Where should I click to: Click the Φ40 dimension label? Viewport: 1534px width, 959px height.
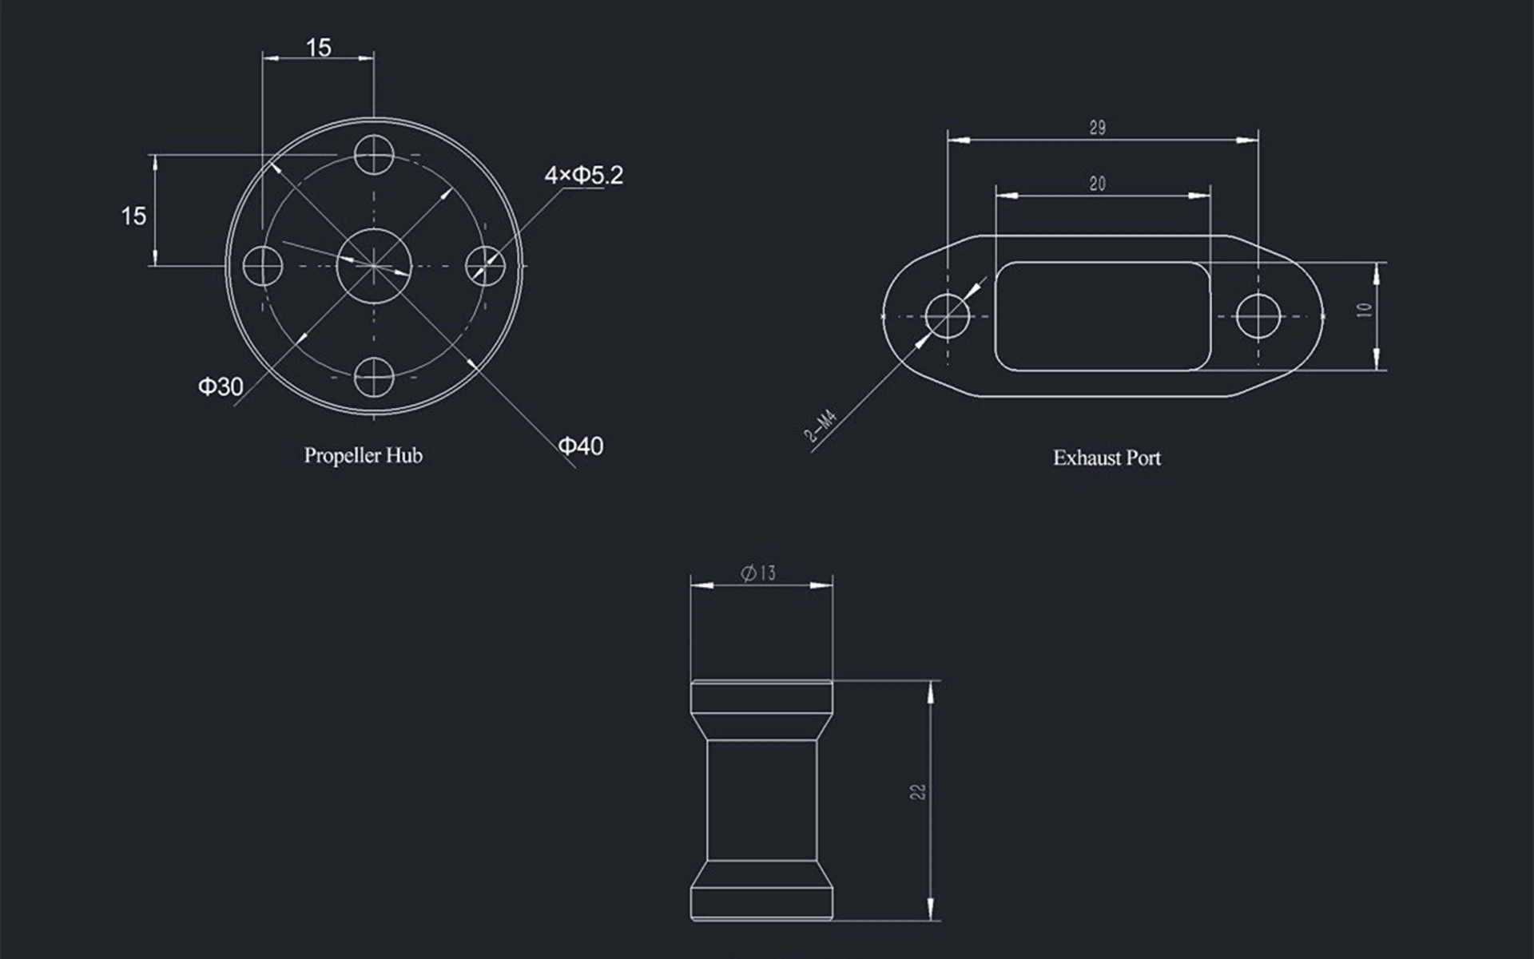pyautogui.click(x=581, y=446)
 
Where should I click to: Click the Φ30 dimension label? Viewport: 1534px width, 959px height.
pyautogui.click(x=221, y=387)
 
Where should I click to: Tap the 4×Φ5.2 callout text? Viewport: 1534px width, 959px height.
pyautogui.click(x=583, y=175)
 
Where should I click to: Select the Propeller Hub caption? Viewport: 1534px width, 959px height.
pyautogui.click(x=363, y=455)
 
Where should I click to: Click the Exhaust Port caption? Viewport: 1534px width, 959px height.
pyautogui.click(x=1107, y=458)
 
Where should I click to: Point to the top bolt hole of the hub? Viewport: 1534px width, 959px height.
pyautogui.click(x=374, y=155)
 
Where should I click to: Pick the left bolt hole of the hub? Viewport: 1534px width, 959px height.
pyautogui.click(x=263, y=266)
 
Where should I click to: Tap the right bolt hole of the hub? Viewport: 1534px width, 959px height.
pyautogui.click(x=485, y=266)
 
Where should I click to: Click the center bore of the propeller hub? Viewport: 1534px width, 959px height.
pyautogui.click(x=374, y=266)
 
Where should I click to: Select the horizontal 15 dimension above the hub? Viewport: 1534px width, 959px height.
pyautogui.click(x=318, y=48)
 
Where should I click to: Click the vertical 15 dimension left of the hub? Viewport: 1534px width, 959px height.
pyautogui.click(x=133, y=216)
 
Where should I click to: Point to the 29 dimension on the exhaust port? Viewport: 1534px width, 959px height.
pyautogui.click(x=1098, y=128)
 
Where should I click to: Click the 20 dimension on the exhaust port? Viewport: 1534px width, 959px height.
pyautogui.click(x=1098, y=184)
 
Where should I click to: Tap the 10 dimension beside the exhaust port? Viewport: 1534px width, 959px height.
pyautogui.click(x=1365, y=310)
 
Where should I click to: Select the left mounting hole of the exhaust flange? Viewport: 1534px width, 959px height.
pyautogui.click(x=948, y=316)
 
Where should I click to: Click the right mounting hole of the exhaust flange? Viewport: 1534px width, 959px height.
pyautogui.click(x=1259, y=316)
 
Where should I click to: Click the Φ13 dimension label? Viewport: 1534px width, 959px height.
pyautogui.click(x=758, y=573)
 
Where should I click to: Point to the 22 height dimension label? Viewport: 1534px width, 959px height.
pyautogui.click(x=918, y=791)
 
